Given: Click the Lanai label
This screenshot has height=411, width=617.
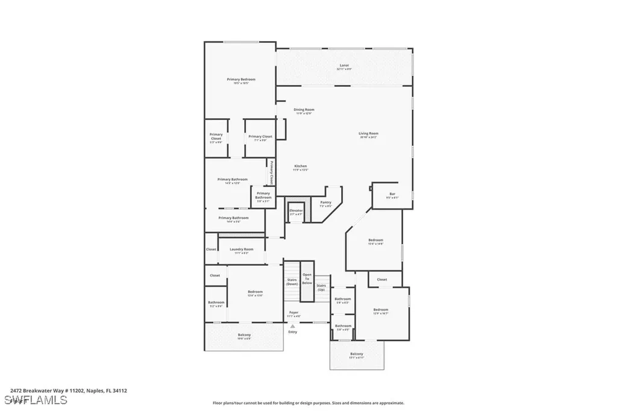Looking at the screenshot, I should (x=344, y=65).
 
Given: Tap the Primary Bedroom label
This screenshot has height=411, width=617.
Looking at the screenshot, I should (x=241, y=80).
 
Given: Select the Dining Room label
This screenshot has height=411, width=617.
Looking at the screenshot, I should (x=304, y=110).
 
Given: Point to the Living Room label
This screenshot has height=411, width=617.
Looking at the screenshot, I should (x=368, y=134).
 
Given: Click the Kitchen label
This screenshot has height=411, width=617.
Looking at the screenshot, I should (x=301, y=166).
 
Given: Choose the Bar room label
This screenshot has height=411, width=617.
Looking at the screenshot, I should (x=392, y=194).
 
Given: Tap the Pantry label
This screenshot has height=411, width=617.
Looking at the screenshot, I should (x=325, y=202).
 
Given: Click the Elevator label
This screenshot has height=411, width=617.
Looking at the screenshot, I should (x=296, y=211).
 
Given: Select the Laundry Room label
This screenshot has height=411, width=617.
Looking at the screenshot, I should (x=241, y=249).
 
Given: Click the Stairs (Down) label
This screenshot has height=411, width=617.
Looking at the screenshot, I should (x=292, y=281).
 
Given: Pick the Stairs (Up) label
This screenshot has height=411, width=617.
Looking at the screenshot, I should (x=322, y=287).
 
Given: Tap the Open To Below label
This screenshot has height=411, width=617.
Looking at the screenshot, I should (x=307, y=278).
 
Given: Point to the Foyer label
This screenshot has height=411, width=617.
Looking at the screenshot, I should (x=293, y=313).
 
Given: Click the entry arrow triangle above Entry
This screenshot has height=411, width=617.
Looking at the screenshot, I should (x=293, y=326).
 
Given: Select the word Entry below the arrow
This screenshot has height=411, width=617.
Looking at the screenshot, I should (x=293, y=332).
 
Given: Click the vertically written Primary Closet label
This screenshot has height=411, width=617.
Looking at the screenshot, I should (x=272, y=172).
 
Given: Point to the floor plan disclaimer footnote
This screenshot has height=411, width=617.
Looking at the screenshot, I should (x=308, y=403).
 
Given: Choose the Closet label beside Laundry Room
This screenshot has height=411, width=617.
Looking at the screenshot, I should (x=211, y=249).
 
